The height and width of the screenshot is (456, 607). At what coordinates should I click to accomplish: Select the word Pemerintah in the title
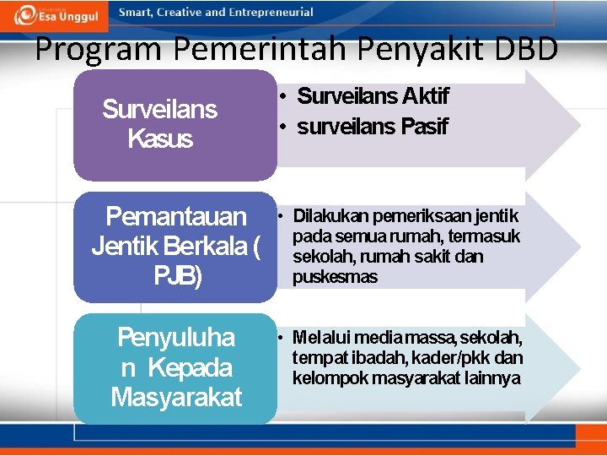tap(239, 50)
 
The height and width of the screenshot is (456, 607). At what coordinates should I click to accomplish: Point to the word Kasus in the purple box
tap(160, 138)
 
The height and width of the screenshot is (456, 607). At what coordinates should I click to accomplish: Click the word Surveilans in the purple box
tap(159, 109)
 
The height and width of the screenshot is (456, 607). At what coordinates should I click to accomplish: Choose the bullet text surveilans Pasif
tap(372, 127)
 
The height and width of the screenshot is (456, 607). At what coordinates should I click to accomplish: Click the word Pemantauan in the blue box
tap(176, 217)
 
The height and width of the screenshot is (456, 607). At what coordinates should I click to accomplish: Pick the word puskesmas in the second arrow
tap(335, 277)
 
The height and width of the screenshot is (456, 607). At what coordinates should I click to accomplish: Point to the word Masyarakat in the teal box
tap(176, 396)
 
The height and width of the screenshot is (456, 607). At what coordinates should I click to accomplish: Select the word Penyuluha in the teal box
tap(176, 338)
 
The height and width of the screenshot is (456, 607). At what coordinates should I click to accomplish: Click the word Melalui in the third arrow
tap(318, 338)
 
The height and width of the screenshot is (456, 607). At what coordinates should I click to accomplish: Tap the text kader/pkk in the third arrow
tap(459, 358)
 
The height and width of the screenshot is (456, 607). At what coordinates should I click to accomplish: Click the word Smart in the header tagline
tap(136, 13)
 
